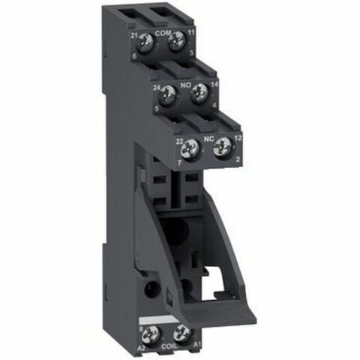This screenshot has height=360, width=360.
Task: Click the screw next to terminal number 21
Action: click(x=148, y=43)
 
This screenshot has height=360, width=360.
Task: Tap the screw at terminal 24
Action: click(x=169, y=94)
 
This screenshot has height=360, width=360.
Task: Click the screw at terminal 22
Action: click(x=191, y=148)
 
